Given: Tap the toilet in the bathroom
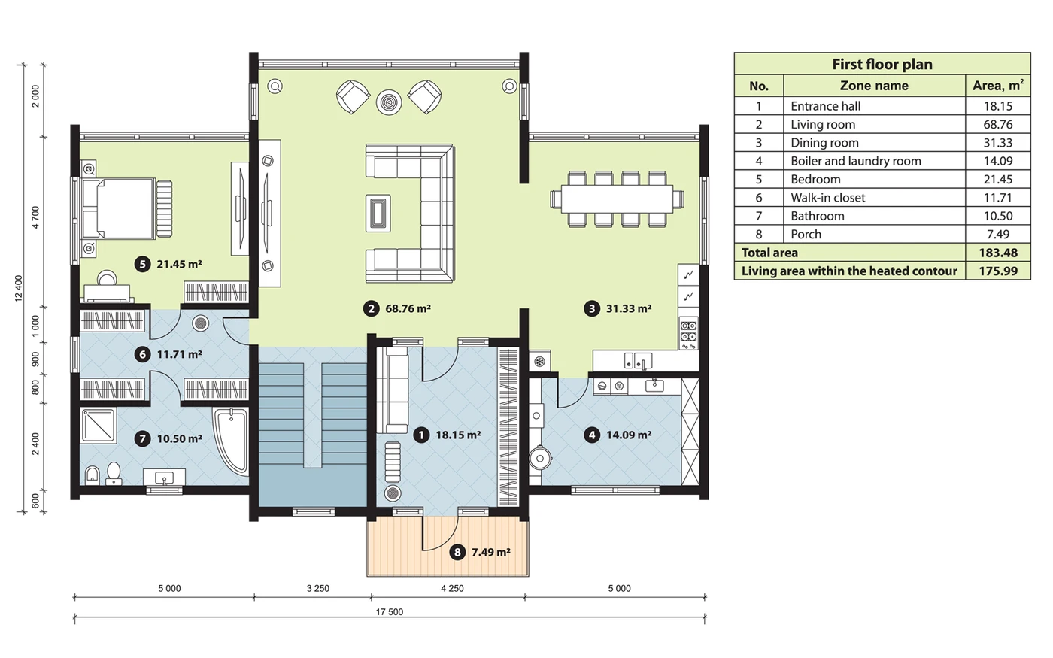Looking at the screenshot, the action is pos(114,472).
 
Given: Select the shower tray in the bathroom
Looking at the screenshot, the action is pos(99,426).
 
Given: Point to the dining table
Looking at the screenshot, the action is pos(617,199).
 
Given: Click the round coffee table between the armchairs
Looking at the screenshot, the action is pos(389,102).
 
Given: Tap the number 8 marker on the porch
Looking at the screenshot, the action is pos(457,552).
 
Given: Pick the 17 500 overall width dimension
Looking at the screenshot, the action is pos(390,612).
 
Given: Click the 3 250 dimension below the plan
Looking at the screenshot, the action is pos(317,588).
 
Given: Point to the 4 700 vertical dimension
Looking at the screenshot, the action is pos(36,217).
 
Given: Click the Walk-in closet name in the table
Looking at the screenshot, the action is pos(828,197).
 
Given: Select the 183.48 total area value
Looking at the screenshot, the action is pos(998,253).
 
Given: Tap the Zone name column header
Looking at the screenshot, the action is pos(874,86).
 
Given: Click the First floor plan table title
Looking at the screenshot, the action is pos(882,64).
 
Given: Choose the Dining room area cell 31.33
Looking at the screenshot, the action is pos(998,143).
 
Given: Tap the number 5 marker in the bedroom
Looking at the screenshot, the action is pos(142,264).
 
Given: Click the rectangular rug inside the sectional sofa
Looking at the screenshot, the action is pos(378,213).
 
